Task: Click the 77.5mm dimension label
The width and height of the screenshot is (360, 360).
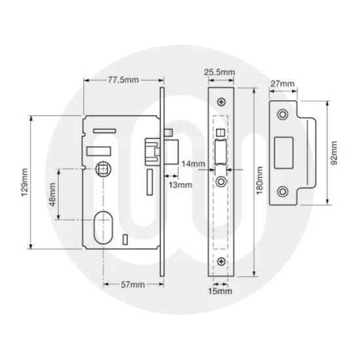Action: (x=122, y=80)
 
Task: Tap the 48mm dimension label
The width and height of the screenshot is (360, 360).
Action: (x=52, y=194)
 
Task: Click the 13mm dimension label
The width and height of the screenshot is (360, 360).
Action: (x=180, y=185)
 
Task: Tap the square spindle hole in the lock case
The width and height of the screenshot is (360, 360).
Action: (x=104, y=170)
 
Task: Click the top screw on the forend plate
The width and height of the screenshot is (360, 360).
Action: (x=223, y=102)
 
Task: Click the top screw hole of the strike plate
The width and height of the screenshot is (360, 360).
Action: (x=283, y=115)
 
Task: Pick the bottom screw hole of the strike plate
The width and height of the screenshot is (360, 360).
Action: (x=283, y=192)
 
